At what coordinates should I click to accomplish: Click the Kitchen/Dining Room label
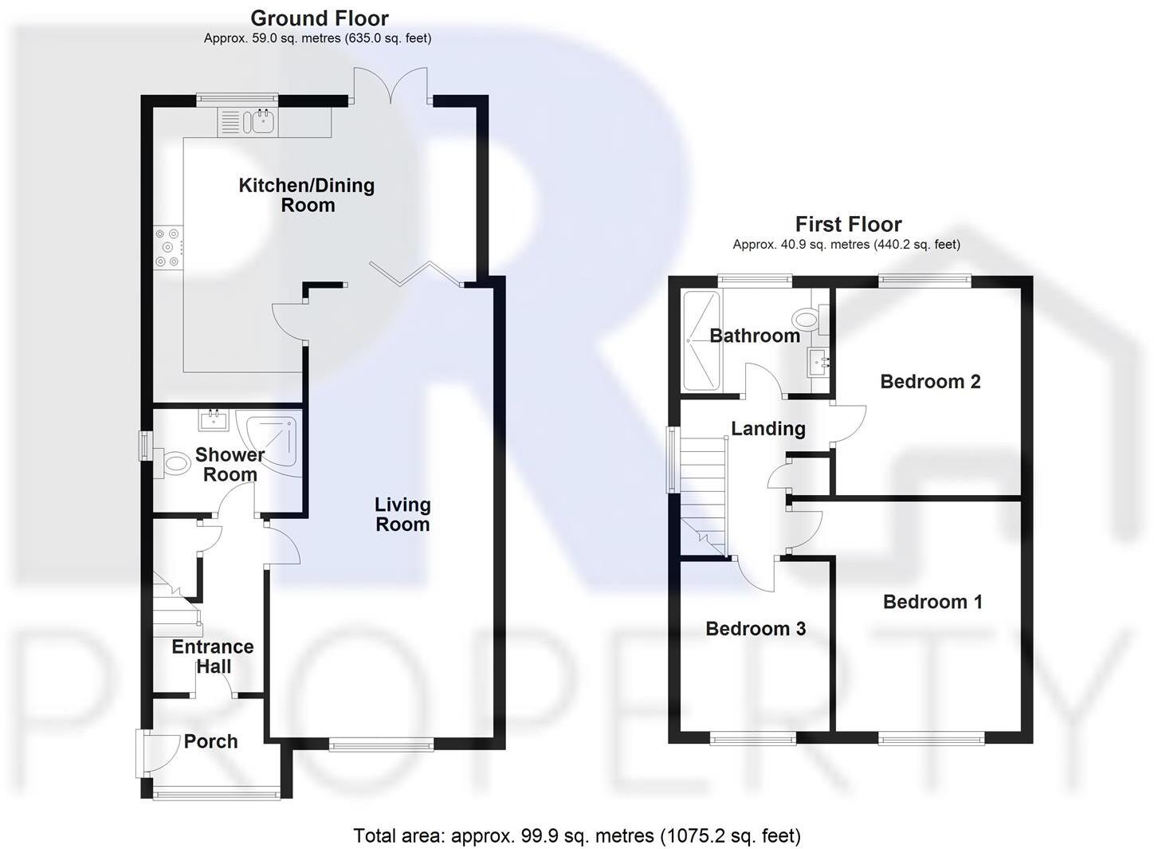[x=307, y=195]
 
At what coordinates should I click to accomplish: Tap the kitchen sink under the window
[x=260, y=122]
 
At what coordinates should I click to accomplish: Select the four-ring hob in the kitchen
[x=168, y=247]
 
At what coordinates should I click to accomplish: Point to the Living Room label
[x=402, y=514]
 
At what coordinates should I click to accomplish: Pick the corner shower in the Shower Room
[x=274, y=441]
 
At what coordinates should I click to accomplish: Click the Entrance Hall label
[x=213, y=657]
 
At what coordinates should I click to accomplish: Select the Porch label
[x=210, y=741]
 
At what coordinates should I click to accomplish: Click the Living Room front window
[x=381, y=745]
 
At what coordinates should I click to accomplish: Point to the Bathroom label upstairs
[x=755, y=336]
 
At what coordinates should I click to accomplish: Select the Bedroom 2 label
[x=930, y=382]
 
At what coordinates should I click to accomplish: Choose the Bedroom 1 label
[x=932, y=602]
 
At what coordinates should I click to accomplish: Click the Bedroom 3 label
[x=756, y=629]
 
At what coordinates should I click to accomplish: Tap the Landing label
[x=768, y=429]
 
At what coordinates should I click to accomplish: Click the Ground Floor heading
[x=320, y=18]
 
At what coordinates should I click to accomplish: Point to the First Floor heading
[x=848, y=224]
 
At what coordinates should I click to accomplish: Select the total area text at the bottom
[x=577, y=835]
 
